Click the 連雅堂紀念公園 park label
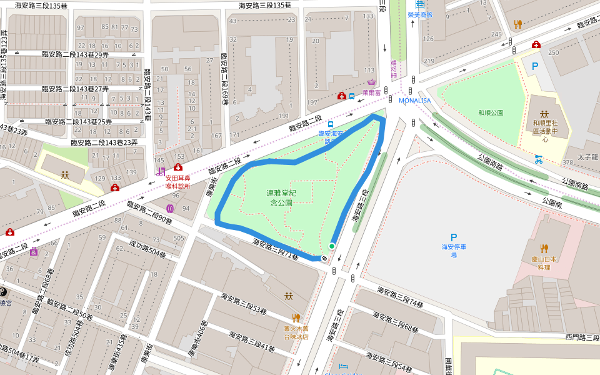click(x=281, y=198)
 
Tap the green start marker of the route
click(x=332, y=246)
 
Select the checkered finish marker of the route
click(x=324, y=258)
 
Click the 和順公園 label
click(x=491, y=113)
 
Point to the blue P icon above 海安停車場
click(x=454, y=237)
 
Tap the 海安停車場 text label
click(x=454, y=251)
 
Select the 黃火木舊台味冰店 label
click(x=296, y=332)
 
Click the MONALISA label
click(x=416, y=100)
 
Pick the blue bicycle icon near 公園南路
click(x=538, y=159)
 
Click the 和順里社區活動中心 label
click(x=544, y=127)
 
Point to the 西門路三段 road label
click(x=582, y=337)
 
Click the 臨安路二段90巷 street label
click(x=149, y=212)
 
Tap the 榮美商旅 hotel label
click(x=420, y=14)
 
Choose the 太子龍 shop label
click(x=588, y=157)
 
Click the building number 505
click(x=179, y=238)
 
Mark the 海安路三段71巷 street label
click(x=276, y=249)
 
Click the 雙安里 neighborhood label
click(x=394, y=67)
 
